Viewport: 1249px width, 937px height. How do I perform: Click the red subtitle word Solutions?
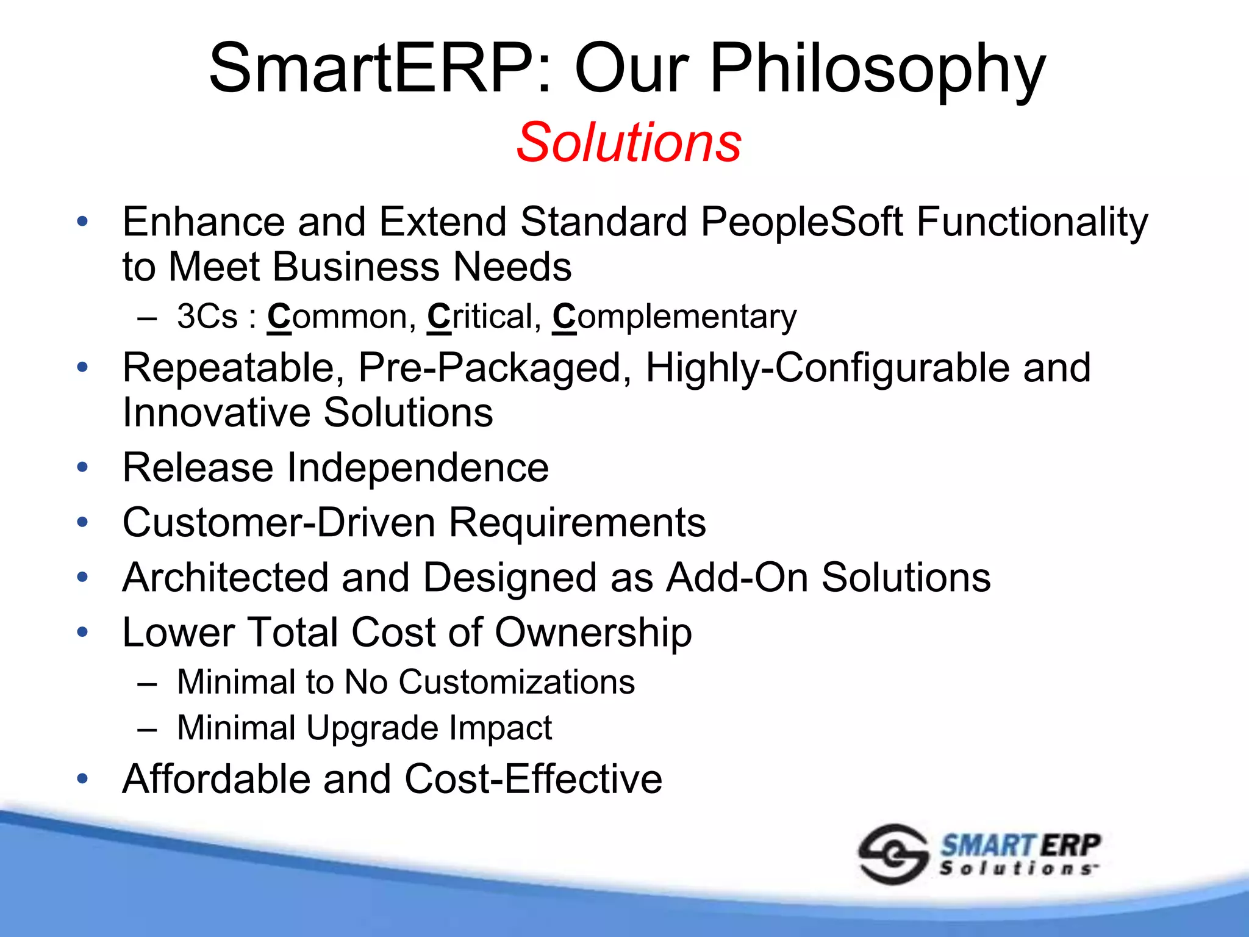[x=629, y=143]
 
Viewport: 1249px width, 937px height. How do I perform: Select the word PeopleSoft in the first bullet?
[x=801, y=222]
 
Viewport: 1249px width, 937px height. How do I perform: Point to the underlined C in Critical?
[x=438, y=317]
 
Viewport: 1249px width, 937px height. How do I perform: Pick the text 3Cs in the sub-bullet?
[x=207, y=317]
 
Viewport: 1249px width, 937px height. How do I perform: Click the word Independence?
[x=418, y=468]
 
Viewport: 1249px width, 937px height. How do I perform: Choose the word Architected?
[x=225, y=578]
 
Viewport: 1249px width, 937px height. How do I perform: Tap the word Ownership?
[x=593, y=633]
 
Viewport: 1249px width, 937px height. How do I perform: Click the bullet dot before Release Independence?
[x=83, y=468]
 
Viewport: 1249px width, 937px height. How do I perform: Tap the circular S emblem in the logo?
[x=893, y=854]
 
